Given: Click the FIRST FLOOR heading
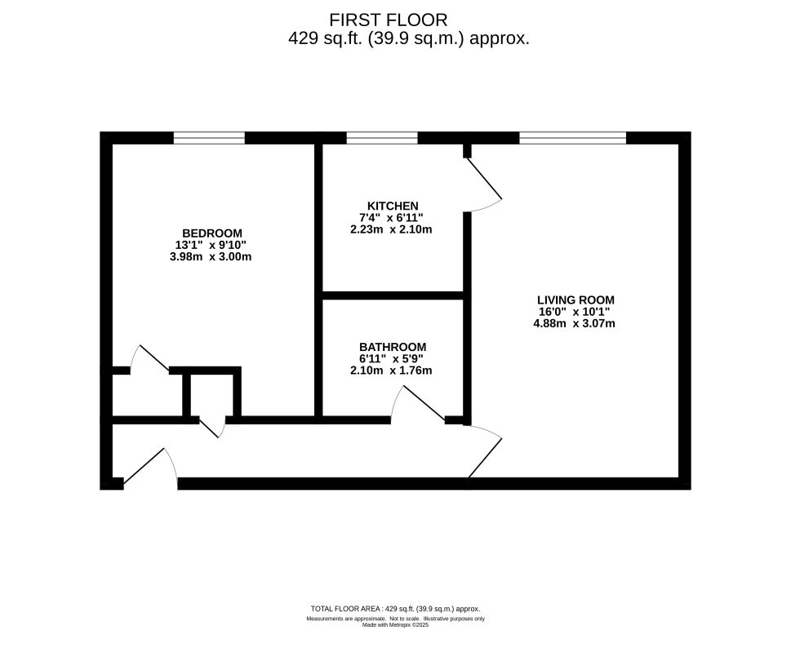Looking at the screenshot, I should pos(389,19).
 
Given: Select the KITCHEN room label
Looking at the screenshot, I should pos(393,206).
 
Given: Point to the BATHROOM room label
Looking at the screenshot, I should pos(393,346).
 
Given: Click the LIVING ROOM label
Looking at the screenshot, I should pos(575,299).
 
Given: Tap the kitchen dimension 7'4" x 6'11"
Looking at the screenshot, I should pos(393,218).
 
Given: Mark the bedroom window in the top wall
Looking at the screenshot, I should pos(209,138).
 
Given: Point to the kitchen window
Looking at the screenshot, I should pos(382,138).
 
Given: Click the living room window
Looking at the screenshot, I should pos(573,138).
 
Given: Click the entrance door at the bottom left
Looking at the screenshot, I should pos(150,468).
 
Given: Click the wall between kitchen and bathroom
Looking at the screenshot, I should pos(393,295).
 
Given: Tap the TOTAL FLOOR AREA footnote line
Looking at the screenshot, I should pos(395,609).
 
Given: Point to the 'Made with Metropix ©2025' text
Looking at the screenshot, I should pos(395,625).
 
